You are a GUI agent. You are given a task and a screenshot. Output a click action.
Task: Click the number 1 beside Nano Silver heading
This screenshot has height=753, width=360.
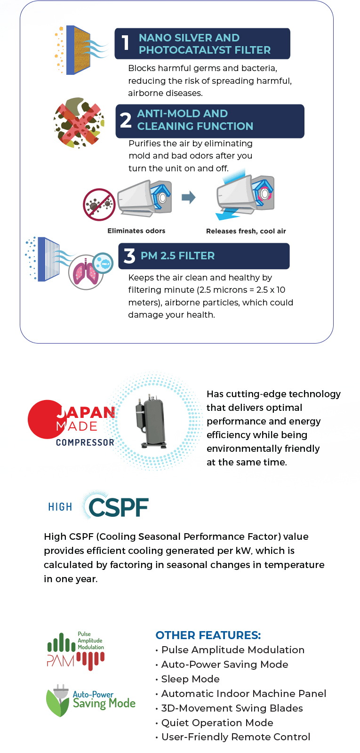click(x=125, y=43)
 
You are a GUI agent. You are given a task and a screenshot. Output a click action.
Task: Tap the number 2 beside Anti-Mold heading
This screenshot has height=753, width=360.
click(x=126, y=120)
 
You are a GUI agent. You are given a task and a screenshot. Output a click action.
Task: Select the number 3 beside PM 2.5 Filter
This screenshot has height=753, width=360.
click(x=129, y=256)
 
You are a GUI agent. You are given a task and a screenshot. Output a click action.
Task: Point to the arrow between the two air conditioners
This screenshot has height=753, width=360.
click(x=189, y=197)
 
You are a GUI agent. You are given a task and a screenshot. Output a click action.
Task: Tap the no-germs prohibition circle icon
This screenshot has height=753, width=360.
click(x=99, y=204)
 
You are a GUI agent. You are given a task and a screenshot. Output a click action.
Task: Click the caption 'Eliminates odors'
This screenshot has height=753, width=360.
click(x=136, y=231)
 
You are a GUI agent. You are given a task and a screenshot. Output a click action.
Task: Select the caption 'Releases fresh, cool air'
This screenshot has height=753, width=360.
click(x=246, y=231)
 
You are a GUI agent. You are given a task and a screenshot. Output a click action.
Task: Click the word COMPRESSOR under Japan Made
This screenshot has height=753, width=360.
click(x=85, y=442)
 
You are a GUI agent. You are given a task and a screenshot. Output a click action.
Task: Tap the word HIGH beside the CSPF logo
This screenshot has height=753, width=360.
click(x=60, y=507)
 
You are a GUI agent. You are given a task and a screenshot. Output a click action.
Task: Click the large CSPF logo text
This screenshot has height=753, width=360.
click(x=118, y=507)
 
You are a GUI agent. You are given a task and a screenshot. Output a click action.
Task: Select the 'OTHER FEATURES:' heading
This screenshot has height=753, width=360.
click(x=208, y=635)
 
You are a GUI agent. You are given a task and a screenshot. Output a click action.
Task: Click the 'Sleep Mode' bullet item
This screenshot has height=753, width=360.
click(x=190, y=679)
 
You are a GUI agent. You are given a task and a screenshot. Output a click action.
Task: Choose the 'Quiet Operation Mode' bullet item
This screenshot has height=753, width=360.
click(x=217, y=723)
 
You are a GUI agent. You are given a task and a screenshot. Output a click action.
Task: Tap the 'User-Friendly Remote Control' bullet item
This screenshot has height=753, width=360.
click(x=236, y=737)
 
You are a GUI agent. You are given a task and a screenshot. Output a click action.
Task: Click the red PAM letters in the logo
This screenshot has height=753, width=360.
click(x=61, y=661)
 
